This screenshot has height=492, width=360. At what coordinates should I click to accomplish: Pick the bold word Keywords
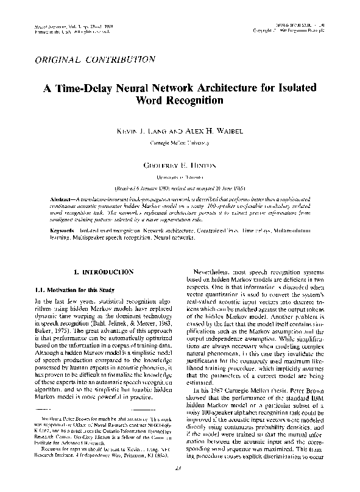click(62, 232)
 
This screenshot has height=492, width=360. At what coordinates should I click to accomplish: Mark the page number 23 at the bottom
click(179, 484)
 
